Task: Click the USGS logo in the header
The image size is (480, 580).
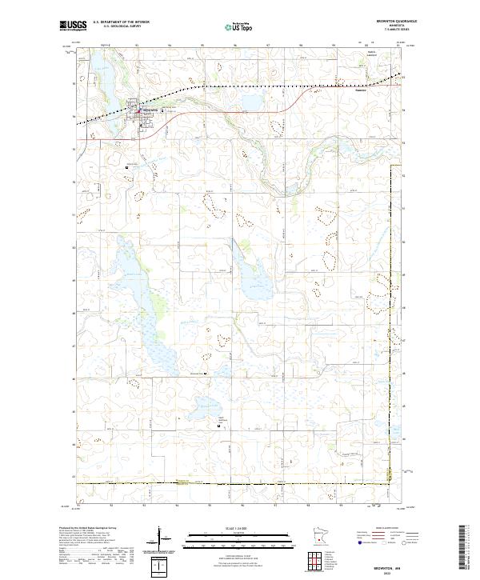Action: [74, 26]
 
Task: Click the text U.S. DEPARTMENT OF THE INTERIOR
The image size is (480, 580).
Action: [121, 22]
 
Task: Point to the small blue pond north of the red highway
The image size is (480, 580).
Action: [247, 105]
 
